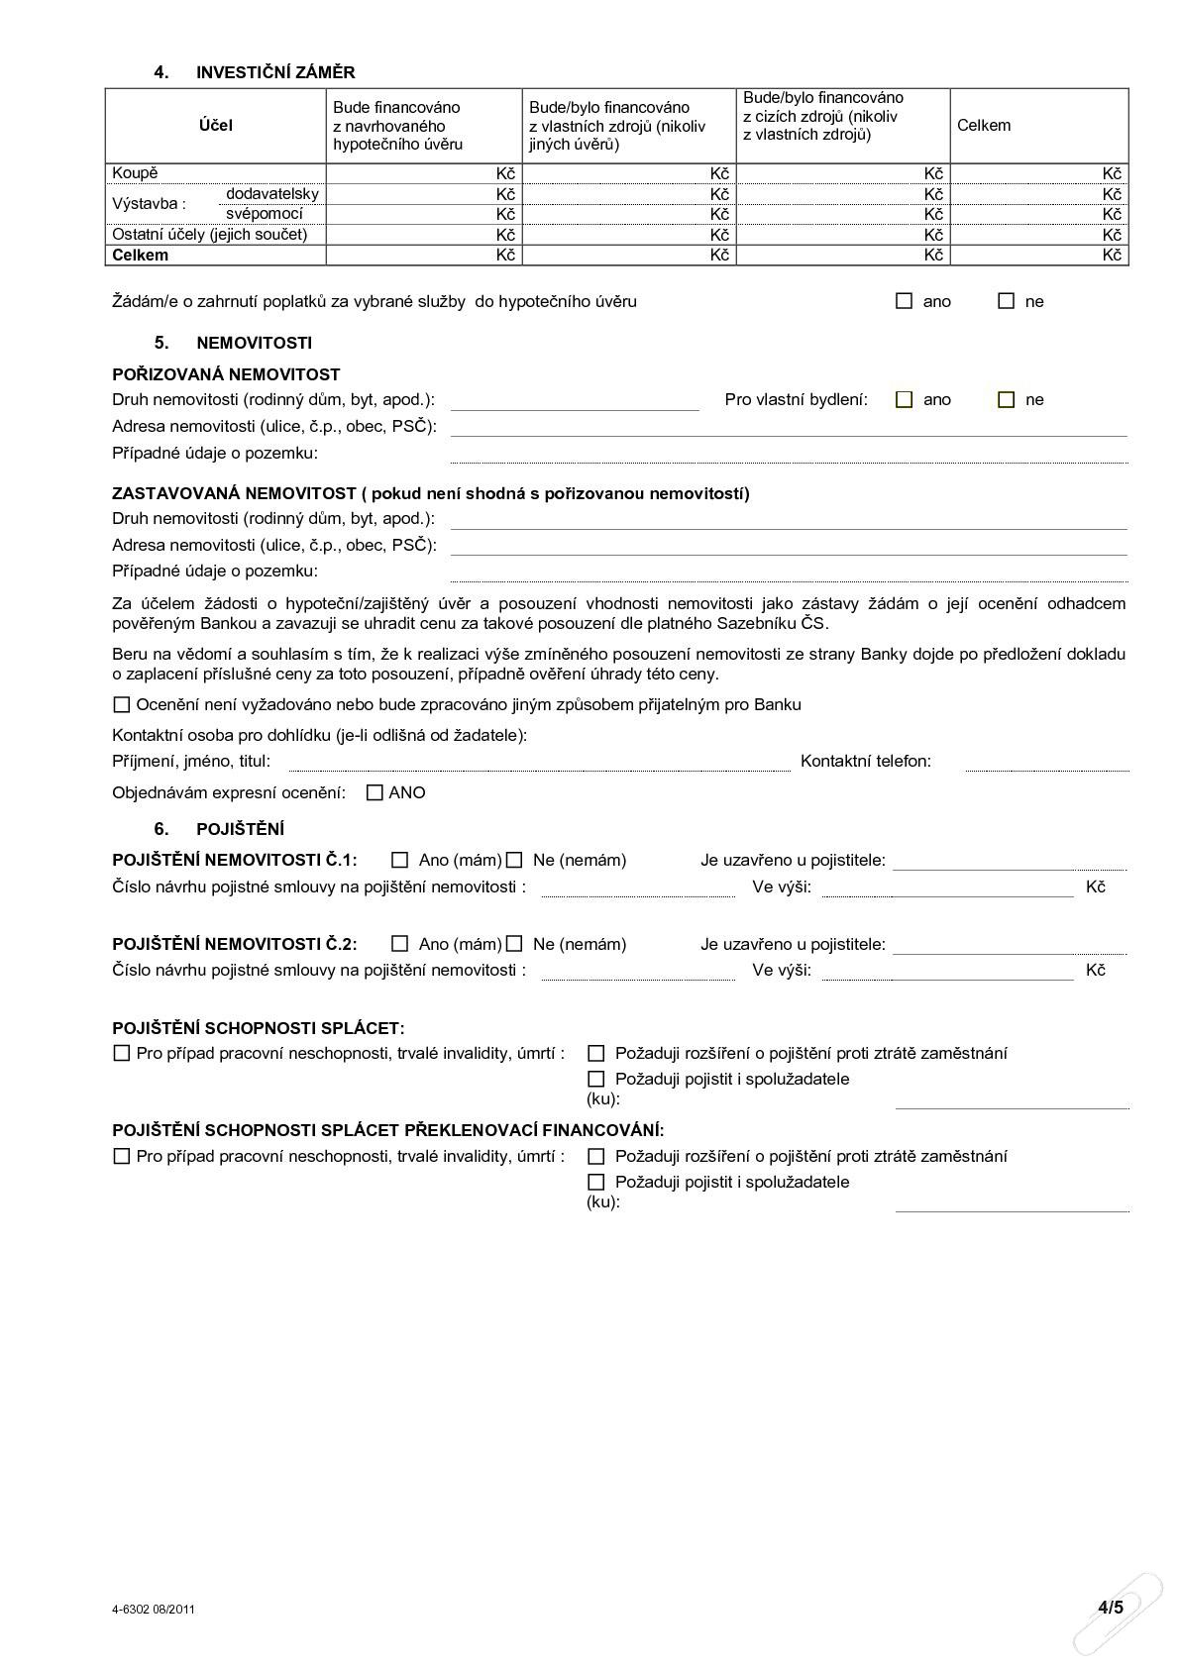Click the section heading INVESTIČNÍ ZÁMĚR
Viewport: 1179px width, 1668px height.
coord(274,72)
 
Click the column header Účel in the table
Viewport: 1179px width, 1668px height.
coord(215,126)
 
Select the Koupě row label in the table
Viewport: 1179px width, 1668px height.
coord(135,173)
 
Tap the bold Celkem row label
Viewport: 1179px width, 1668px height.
coord(141,255)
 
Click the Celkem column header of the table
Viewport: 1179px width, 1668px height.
coord(984,125)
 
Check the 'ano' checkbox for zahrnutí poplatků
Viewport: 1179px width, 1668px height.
coord(904,301)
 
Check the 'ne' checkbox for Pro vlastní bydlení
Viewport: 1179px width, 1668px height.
coord(1007,400)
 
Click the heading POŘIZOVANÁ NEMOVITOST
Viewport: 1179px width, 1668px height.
coord(226,374)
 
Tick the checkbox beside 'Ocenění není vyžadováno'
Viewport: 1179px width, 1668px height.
coord(122,705)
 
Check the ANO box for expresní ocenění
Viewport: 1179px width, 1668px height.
coord(375,792)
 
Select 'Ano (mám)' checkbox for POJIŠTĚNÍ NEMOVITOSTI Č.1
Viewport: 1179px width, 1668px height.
coord(400,860)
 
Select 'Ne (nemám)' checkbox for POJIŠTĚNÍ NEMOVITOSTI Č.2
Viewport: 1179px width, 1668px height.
coord(514,944)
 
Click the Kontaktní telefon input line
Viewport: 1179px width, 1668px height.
coord(1046,762)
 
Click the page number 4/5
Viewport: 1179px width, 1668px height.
coord(1110,1608)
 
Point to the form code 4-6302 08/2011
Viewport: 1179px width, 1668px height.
coord(154,1609)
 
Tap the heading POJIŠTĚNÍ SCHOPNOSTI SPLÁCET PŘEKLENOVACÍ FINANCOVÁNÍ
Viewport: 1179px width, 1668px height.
coord(388,1130)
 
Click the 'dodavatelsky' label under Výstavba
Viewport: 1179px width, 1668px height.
coord(272,193)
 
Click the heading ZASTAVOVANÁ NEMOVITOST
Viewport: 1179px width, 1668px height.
coord(234,493)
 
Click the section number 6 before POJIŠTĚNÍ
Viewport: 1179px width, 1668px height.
coord(161,829)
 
